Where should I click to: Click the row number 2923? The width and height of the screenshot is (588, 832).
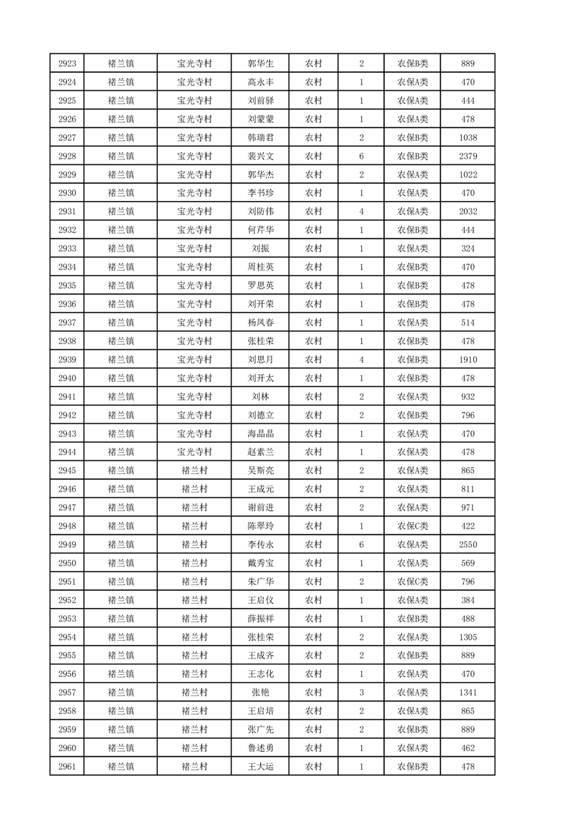pos(67,64)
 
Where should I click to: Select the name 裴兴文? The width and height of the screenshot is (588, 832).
pos(260,156)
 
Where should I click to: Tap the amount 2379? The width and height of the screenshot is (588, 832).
pos(467,156)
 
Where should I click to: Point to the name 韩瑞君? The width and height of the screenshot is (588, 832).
pos(260,138)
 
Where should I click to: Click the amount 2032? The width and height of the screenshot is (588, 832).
pos(467,211)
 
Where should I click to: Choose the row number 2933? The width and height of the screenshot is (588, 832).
pos(67,248)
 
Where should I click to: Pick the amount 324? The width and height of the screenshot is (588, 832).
pos(467,248)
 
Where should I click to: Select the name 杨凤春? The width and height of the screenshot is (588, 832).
pos(260,323)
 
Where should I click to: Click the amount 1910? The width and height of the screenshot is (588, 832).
pos(467,360)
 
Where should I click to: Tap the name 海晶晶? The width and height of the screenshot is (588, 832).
pos(260,434)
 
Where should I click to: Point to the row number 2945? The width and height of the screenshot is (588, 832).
pos(67,471)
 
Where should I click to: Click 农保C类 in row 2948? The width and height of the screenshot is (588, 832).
pos(412,526)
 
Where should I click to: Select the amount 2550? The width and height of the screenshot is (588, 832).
pos(467,544)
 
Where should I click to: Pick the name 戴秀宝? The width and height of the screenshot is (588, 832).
pos(260,563)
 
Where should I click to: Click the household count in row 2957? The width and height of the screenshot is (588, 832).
pos(361,693)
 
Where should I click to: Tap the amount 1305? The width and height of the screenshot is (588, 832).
pos(467,637)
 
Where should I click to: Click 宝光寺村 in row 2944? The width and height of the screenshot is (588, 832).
pos(194,452)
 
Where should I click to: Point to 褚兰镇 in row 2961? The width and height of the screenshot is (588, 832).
pos(121,767)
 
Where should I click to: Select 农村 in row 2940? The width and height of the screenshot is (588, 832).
pos(314,378)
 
